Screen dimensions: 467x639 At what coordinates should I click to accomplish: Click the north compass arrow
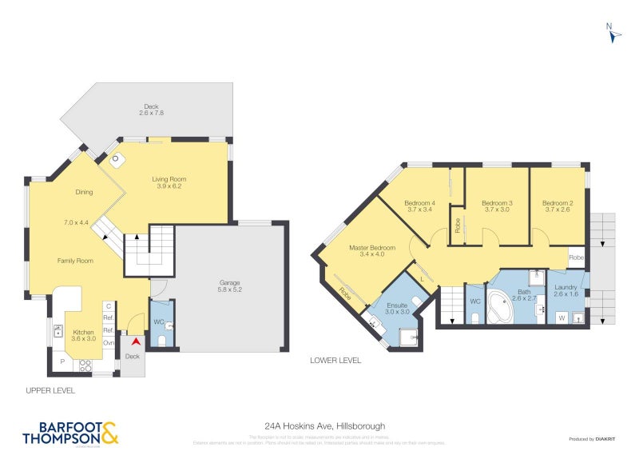coord(613,35)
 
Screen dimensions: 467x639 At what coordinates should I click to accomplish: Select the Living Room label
coord(169,183)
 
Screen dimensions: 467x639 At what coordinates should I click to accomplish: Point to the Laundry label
coord(566,290)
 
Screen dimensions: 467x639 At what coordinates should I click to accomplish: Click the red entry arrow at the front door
coord(135,341)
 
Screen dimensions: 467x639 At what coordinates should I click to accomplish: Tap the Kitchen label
coord(84,335)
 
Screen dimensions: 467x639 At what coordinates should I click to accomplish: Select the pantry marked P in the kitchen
coord(62,362)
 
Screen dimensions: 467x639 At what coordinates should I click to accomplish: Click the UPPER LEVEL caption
coord(50,390)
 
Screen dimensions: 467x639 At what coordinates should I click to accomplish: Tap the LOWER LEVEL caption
coord(335,360)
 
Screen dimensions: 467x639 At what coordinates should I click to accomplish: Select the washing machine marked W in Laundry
coord(561,317)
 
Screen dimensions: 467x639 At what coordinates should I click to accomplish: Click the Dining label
coord(84,192)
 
